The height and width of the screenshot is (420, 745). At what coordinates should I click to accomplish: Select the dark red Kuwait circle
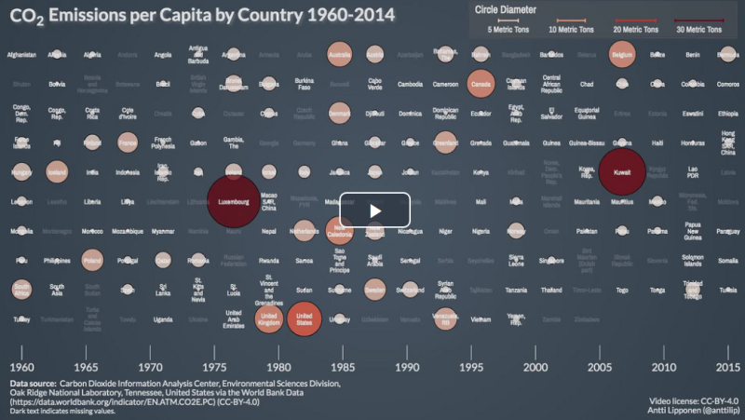622,172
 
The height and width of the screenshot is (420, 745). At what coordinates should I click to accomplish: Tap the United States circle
304,319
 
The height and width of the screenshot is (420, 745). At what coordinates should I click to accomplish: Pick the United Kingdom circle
268,319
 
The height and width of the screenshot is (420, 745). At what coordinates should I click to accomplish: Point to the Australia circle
339,55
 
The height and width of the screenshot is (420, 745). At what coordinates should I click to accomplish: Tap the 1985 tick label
339,367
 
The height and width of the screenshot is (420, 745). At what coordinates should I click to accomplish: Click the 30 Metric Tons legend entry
705,30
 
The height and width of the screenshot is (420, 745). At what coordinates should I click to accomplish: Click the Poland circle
92,261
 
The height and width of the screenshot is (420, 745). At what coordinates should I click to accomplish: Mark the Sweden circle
374,290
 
